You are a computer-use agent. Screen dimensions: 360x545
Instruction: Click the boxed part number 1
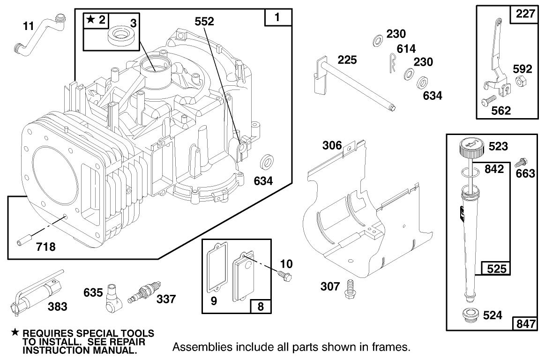[x=277, y=18]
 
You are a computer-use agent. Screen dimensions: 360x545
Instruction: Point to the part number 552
[x=205, y=22]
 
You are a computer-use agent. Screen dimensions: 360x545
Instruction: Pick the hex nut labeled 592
[x=520, y=82]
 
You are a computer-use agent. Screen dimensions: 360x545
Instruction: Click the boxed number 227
[x=525, y=14]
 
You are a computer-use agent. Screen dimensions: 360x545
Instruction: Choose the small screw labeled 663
[x=520, y=163]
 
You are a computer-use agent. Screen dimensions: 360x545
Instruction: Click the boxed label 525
[x=497, y=269]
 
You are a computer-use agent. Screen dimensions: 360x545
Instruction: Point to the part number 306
[x=332, y=145]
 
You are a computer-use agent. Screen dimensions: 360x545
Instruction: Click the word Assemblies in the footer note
[x=196, y=347]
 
